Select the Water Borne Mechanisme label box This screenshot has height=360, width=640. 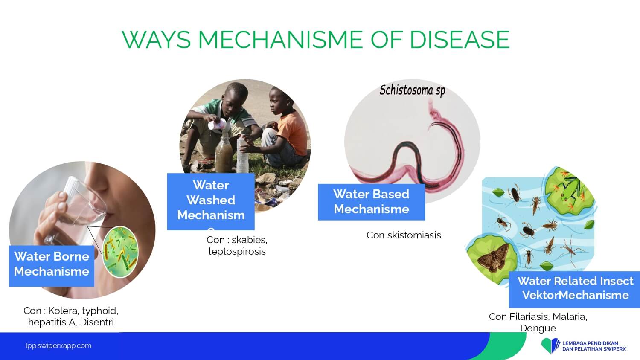(x=52, y=266)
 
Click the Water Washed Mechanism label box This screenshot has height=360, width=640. (x=211, y=201)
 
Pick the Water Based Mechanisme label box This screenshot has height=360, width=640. (x=372, y=202)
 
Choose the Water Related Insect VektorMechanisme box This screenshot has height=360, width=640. (x=574, y=289)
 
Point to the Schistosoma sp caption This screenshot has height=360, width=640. (x=412, y=90)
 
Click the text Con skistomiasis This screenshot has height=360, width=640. (x=404, y=235)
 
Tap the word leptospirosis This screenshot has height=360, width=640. (x=237, y=252)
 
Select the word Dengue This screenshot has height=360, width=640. (x=538, y=328)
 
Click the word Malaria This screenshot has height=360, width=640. (x=570, y=317)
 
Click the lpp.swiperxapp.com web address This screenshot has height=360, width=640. (x=58, y=346)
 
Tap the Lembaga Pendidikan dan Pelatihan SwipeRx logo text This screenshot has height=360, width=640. (x=594, y=346)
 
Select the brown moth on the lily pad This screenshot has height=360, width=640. (x=493, y=258)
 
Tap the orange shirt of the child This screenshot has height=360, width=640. (x=292, y=132)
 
